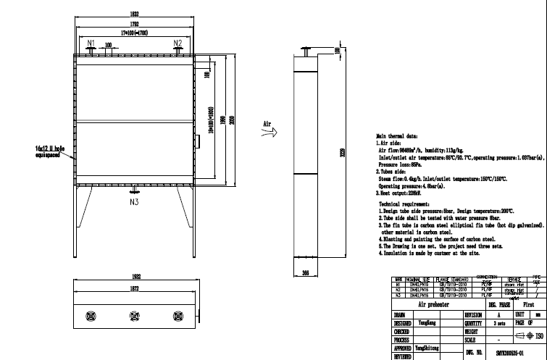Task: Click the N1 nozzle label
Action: (x=91, y=43)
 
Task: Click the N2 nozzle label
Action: (x=178, y=43)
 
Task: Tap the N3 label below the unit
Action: (x=134, y=203)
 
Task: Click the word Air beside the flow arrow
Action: (x=267, y=124)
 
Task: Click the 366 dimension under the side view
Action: (x=304, y=273)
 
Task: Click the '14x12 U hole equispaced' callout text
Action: (x=49, y=151)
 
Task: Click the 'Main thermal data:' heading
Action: (x=396, y=135)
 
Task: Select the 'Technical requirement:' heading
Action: (x=404, y=205)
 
